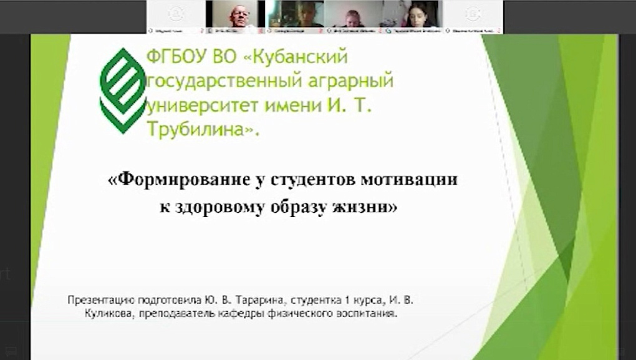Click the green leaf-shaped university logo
tap(123, 90)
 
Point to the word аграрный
tap(358, 82)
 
